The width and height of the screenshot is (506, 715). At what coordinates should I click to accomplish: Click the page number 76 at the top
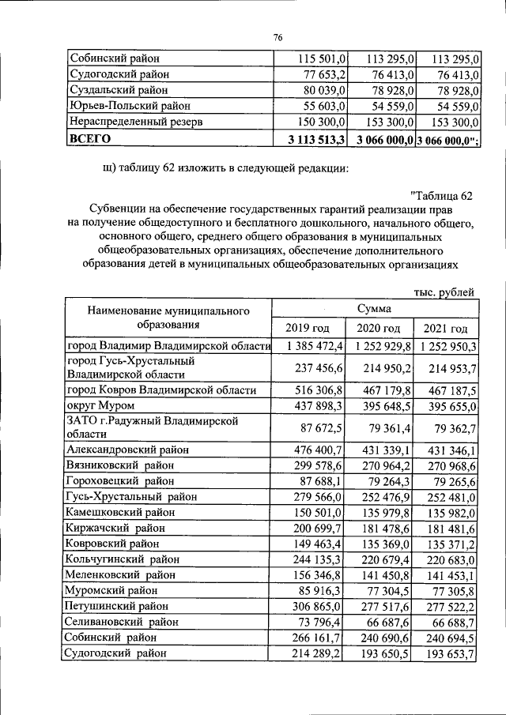(x=278, y=38)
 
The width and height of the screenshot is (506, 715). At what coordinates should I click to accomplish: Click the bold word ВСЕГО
(x=90, y=138)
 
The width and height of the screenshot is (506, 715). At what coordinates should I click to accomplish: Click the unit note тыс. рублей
(x=444, y=292)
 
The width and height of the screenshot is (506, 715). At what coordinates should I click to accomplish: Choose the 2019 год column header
(x=308, y=329)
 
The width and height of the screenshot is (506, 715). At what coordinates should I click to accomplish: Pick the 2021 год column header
(x=445, y=329)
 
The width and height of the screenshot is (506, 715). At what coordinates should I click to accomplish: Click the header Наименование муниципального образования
(x=168, y=318)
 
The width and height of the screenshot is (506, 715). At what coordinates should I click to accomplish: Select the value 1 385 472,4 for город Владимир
(x=312, y=346)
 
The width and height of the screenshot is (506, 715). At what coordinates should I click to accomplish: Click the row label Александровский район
(x=128, y=450)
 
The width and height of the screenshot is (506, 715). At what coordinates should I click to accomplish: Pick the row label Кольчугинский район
(x=122, y=559)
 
